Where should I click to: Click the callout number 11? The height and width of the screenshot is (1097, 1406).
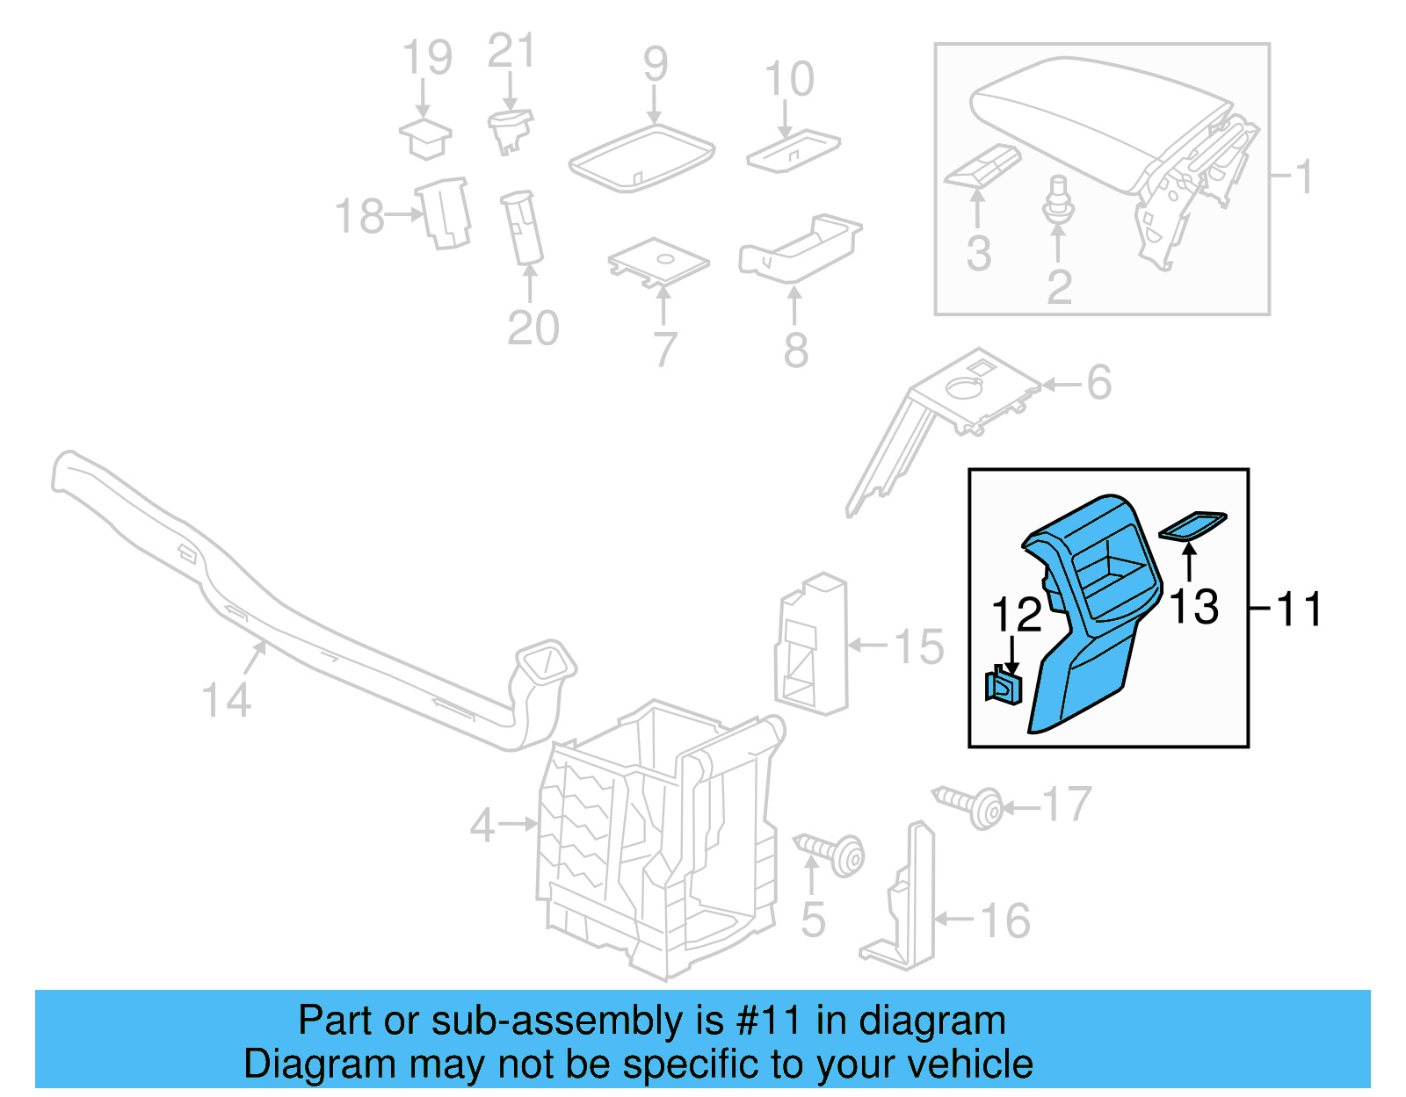[x=1299, y=609]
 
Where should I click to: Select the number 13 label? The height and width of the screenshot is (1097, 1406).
[x=1194, y=606]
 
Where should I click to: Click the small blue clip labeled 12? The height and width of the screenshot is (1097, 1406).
[x=1003, y=685]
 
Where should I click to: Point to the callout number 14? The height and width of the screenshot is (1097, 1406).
[x=226, y=700]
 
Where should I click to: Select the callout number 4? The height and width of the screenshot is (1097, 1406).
[x=482, y=825]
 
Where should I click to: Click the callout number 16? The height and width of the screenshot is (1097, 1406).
[x=1004, y=920]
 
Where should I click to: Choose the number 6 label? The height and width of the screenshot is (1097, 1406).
[x=1099, y=382]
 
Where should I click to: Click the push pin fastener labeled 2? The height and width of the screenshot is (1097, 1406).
[x=1059, y=200]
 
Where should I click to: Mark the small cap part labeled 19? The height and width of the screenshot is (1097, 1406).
[x=425, y=138]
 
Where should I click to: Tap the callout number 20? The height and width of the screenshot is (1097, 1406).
[x=533, y=328]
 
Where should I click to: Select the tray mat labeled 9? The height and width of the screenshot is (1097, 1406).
[x=641, y=156]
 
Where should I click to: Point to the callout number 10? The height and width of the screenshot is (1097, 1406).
[x=789, y=79]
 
